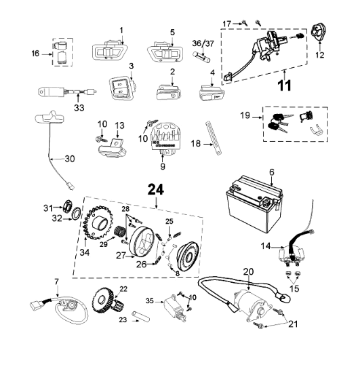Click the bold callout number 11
(285, 85)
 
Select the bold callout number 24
(156, 190)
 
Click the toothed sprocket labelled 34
(99, 223)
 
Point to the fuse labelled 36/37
(201, 57)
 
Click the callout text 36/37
(203, 43)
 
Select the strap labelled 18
(214, 138)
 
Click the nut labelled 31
(68, 206)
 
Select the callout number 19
(245, 115)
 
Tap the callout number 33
(79, 108)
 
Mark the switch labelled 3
(123, 88)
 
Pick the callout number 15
(294, 288)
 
